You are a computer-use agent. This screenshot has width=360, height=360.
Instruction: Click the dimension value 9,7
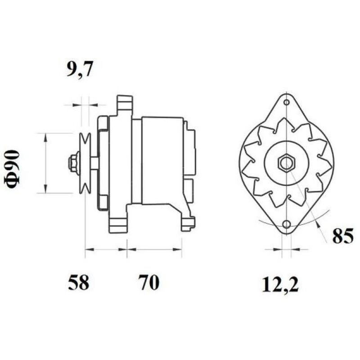tap(80, 71)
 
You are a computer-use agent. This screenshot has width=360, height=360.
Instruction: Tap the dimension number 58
tap(79, 283)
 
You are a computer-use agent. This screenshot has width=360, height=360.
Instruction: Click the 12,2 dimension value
tap(280, 284)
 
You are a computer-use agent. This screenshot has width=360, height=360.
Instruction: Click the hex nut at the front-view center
tap(286, 163)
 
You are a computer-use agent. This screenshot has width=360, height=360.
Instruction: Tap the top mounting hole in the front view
tap(286, 102)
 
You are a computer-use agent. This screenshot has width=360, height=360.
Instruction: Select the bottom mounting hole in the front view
tap(286, 224)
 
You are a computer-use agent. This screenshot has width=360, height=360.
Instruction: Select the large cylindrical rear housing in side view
tap(162, 160)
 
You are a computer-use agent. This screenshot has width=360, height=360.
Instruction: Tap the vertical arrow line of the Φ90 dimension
tap(45, 163)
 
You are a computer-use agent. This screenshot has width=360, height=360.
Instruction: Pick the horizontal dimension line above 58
tap(106, 248)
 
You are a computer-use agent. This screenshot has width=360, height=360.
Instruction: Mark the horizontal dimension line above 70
tap(154, 248)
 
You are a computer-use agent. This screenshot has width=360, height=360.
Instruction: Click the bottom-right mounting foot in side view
tap(188, 223)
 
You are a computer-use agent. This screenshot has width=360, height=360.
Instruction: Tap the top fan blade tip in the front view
tap(286, 122)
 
